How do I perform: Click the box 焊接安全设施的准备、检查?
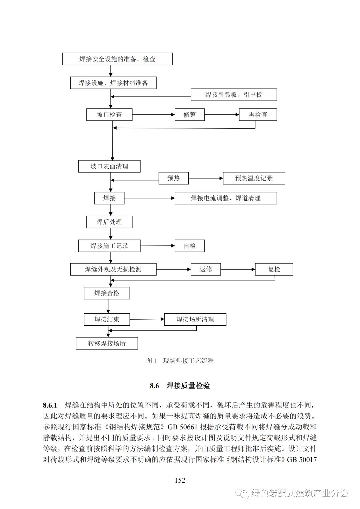pyautogui.click(x=117, y=59)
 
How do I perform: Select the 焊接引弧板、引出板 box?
pyautogui.click(x=234, y=95)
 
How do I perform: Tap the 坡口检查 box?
pyautogui.click(x=109, y=115)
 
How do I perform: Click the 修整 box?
pyautogui.click(x=190, y=115)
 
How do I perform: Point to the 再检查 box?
pyautogui.click(x=258, y=115)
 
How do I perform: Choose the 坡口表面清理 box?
pyautogui.click(x=109, y=166)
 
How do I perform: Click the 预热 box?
pyautogui.click(x=173, y=178)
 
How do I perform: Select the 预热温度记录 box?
pyautogui.click(x=254, y=178)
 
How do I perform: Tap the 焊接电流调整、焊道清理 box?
pyautogui.click(x=226, y=198)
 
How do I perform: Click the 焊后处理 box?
pyautogui.click(x=109, y=222)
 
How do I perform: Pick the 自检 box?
pyautogui.click(x=190, y=246)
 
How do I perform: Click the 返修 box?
pyautogui.click(x=206, y=269)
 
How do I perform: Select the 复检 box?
pyautogui.click(x=274, y=269)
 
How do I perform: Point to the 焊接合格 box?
pyautogui.click(x=107, y=293)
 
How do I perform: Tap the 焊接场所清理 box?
pyautogui.click(x=195, y=319)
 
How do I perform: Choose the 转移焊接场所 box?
pyautogui.click(x=107, y=343)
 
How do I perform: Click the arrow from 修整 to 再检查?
pyautogui.click(x=222, y=115)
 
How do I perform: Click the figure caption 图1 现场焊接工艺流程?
pyautogui.click(x=180, y=361)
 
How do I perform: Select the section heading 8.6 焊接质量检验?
pyautogui.click(x=180, y=386)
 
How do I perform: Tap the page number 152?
pyautogui.click(x=180, y=480)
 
